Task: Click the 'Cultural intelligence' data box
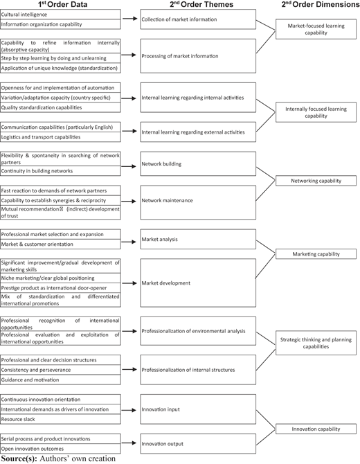(x=60, y=15)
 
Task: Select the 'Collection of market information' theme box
(x=198, y=19)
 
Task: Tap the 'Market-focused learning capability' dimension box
(x=316, y=29)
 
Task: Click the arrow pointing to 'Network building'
(x=129, y=167)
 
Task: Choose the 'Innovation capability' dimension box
(x=316, y=429)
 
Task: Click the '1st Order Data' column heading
(x=63, y=4)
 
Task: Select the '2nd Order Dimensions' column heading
(x=321, y=4)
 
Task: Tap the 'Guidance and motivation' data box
(x=60, y=380)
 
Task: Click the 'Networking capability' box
(x=316, y=181)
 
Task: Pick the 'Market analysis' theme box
(x=198, y=239)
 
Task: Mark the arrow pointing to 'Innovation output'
(x=129, y=443)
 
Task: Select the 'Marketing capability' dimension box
(x=316, y=254)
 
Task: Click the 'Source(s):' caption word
(x=19, y=459)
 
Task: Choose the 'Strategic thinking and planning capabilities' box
(x=316, y=343)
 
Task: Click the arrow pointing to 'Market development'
(x=129, y=283)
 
